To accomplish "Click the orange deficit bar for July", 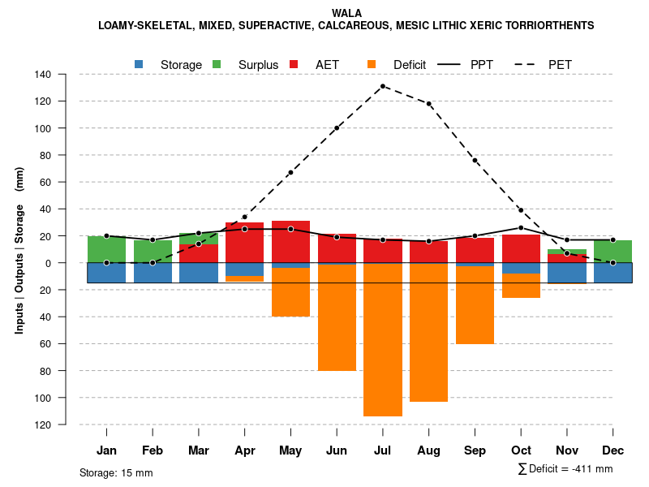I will tap(383, 341).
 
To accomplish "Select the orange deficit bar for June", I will tap(337, 318).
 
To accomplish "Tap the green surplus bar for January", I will tap(106, 249).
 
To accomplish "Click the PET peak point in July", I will tap(383, 86).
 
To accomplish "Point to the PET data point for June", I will tap(337, 128).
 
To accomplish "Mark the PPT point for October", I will tap(521, 228).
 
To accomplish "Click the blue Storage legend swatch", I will tap(140, 64).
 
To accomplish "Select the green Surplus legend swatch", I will tap(217, 64).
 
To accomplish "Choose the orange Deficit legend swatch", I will tap(372, 64).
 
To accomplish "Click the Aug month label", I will tap(428, 450).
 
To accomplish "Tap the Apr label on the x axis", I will tap(244, 450).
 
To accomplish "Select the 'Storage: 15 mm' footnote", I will tap(116, 472).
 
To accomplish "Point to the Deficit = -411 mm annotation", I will tap(565, 469).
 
